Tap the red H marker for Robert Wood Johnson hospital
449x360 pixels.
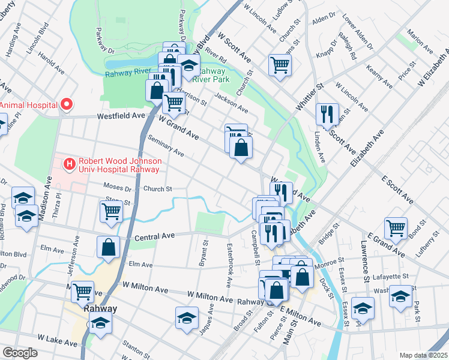70,163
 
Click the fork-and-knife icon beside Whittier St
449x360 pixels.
327,113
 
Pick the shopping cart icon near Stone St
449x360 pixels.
112,211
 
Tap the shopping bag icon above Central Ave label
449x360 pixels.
108,247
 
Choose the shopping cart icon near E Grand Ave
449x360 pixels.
396,227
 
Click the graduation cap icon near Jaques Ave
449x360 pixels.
187,317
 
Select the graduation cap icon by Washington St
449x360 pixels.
400,296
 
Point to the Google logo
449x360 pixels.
20,353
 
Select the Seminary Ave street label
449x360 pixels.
166,146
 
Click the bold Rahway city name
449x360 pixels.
100,308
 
